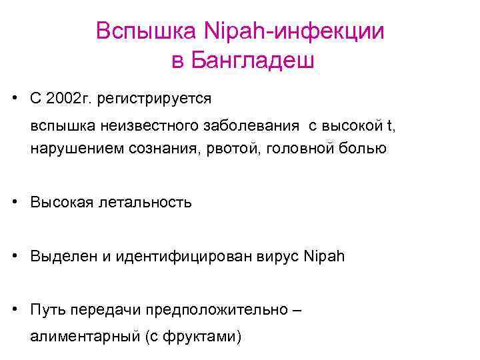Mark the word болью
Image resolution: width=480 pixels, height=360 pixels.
tap(363, 148)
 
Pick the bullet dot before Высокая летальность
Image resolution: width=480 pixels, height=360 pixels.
tap(14, 201)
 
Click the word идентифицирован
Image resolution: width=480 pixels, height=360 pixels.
tap(193, 256)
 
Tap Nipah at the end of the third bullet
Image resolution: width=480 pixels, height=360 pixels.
tap(324, 256)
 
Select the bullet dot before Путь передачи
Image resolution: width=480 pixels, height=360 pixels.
tap(14, 309)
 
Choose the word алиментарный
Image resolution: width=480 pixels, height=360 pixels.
tap(84, 337)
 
